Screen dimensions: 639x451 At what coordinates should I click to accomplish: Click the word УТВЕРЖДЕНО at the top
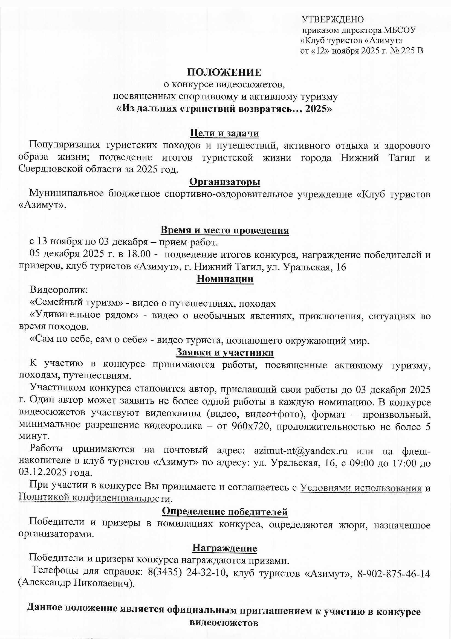click(333, 19)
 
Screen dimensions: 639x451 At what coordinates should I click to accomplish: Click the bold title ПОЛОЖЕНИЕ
click(224, 72)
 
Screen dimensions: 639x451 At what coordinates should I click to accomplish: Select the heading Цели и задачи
click(224, 133)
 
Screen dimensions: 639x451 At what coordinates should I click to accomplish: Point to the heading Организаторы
click(225, 182)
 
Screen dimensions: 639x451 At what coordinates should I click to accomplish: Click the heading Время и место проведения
click(225, 230)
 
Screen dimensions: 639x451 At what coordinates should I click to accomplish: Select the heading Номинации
click(225, 279)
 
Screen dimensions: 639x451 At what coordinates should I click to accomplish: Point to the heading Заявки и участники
click(225, 352)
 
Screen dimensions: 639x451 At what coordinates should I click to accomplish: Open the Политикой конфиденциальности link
click(94, 498)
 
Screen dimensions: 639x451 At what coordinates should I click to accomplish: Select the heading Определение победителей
click(225, 511)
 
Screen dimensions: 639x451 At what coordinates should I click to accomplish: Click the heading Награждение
click(225, 548)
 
